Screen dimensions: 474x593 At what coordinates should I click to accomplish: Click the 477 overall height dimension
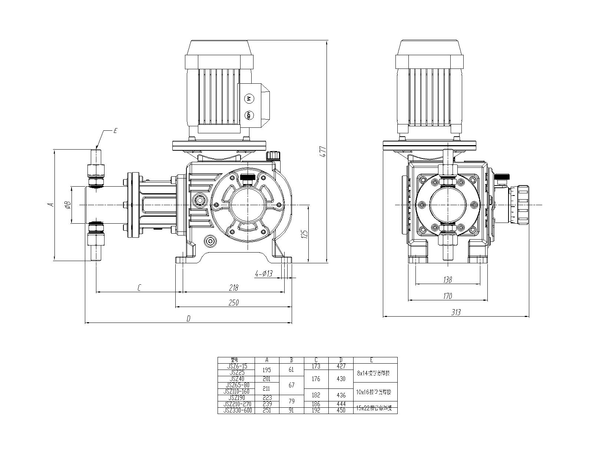[323, 152]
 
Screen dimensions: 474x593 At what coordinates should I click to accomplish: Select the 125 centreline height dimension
[305, 234]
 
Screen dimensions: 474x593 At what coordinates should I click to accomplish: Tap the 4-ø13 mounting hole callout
[264, 274]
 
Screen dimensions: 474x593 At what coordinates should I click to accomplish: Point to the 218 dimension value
[233, 287]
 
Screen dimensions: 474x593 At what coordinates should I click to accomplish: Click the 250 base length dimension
[233, 303]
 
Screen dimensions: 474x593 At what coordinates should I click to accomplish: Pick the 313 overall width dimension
[456, 312]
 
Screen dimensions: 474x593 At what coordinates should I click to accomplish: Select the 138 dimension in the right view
[448, 280]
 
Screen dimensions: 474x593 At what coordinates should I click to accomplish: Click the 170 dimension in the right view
[448, 296]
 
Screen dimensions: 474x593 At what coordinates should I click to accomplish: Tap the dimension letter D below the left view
[188, 318]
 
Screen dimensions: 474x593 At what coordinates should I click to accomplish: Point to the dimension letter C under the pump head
[139, 287]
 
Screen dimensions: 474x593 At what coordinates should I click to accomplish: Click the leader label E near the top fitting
[115, 131]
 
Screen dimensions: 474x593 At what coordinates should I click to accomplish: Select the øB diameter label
[67, 205]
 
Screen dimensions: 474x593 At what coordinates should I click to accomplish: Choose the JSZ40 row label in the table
[236, 379]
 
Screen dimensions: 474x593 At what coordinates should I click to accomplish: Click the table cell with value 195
[267, 370]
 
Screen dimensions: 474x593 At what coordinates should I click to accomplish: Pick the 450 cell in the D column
[341, 410]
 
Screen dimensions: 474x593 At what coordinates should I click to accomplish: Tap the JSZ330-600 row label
[236, 410]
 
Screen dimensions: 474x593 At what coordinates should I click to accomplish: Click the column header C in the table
[316, 360]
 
